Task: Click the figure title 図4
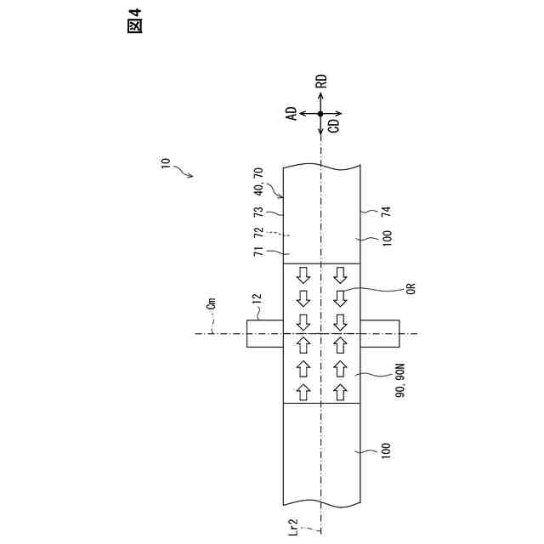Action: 133,24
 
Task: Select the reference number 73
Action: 258,211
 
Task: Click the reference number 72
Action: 258,231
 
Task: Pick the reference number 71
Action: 258,252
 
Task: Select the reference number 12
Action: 257,299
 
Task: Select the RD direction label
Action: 321,82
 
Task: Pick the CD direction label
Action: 333,125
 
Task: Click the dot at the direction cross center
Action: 321,113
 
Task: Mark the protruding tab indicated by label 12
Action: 263,333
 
